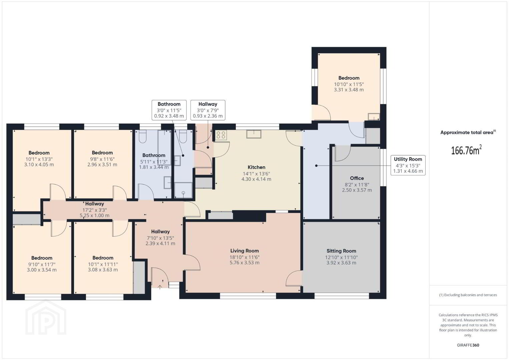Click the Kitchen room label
click(256, 167)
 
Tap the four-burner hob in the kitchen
click(221, 135)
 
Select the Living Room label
click(244, 251)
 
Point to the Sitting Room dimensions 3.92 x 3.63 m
click(341, 263)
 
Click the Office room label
click(357, 178)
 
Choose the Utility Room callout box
click(408, 165)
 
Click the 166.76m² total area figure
click(466, 150)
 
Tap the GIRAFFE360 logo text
click(468, 345)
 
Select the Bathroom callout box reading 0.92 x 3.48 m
click(169, 110)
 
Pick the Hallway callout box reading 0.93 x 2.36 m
click(208, 110)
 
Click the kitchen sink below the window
click(254, 134)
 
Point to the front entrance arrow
click(160, 287)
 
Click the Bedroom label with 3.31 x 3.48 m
click(349, 78)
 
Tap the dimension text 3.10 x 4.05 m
click(39, 165)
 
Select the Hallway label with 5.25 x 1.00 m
click(94, 204)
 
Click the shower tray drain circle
click(183, 193)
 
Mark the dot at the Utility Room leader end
click(316, 166)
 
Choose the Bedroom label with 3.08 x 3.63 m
click(103, 258)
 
